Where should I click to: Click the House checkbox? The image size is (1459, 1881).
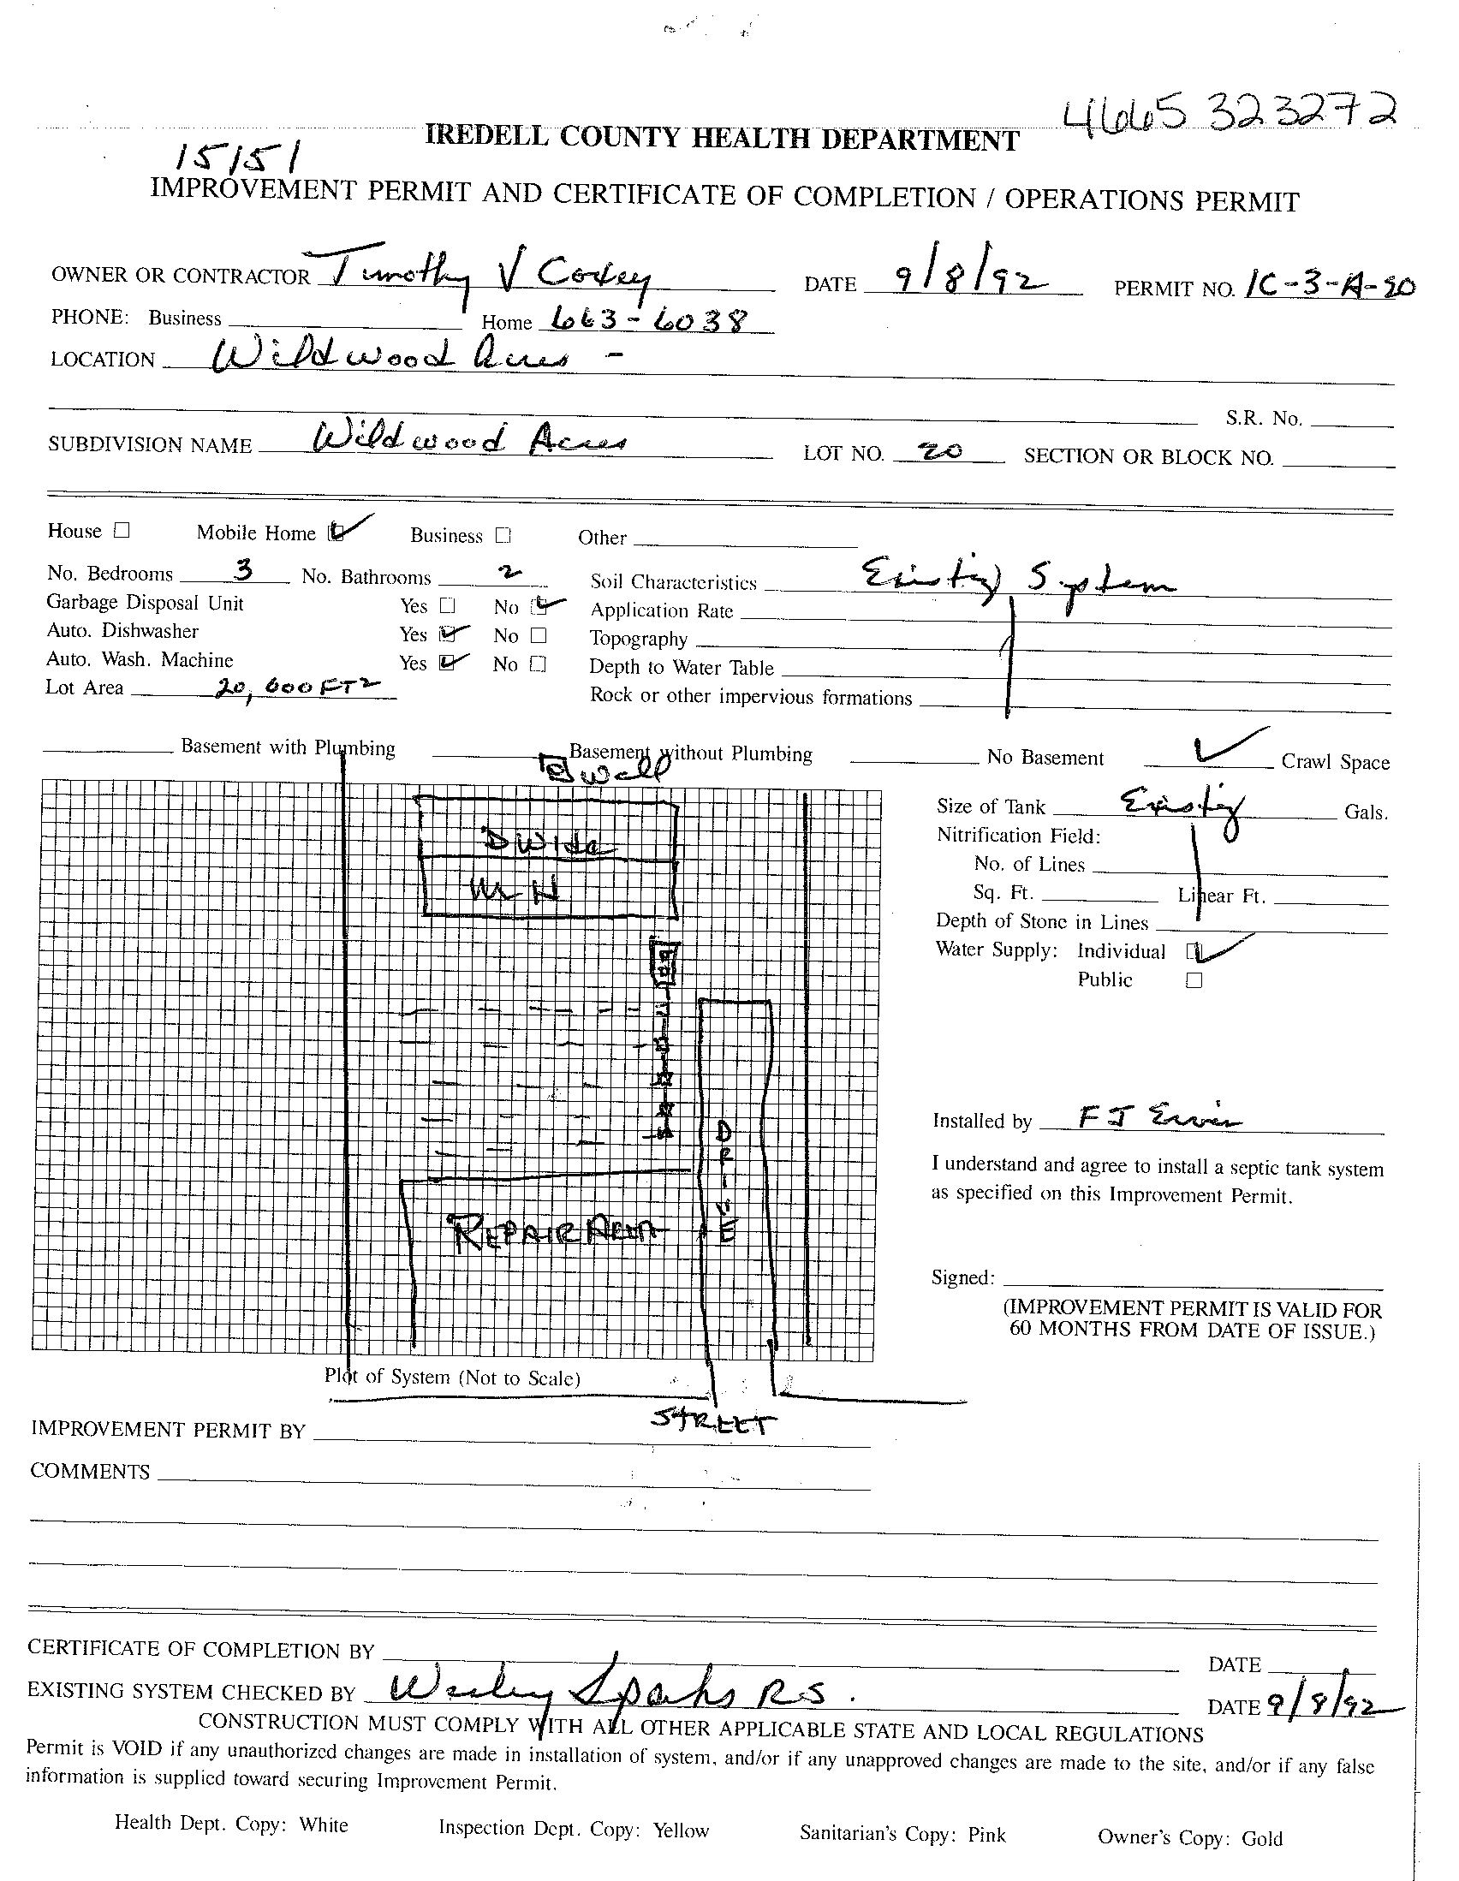pos(122,531)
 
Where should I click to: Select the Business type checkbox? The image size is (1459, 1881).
pos(503,536)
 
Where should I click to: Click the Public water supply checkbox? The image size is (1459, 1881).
pos(1194,980)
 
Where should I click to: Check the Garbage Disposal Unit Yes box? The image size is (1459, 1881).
pos(447,605)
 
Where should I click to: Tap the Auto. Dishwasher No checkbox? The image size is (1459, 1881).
pos(539,635)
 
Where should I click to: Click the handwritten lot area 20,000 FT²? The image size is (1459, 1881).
pos(296,687)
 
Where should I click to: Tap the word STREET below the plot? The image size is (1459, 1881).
pos(713,1421)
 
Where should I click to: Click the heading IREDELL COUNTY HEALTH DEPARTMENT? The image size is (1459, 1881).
pos(722,138)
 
